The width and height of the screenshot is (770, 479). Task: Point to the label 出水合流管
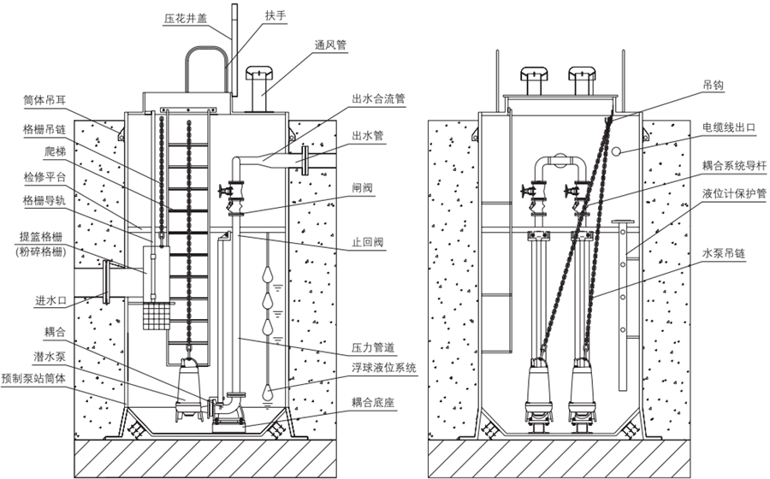(x=377, y=98)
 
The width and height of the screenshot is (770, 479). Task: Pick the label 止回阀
(x=365, y=242)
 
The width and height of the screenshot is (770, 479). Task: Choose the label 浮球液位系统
(x=384, y=368)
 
